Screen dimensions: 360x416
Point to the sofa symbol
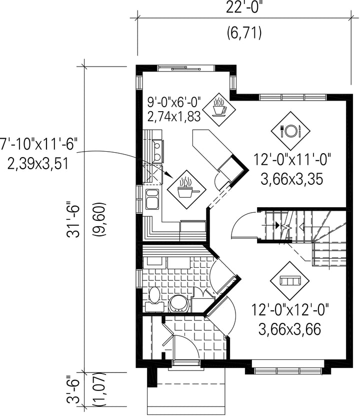pyautogui.click(x=289, y=281)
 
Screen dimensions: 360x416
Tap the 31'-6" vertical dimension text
pyautogui.click(x=73, y=221)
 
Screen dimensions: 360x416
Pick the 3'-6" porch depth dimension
pyautogui.click(x=73, y=389)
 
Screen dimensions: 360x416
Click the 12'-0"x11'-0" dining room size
pyautogui.click(x=292, y=160)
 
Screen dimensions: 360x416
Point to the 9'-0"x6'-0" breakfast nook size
pyautogui.click(x=174, y=102)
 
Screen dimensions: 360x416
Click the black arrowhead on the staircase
pyautogui.click(x=277, y=225)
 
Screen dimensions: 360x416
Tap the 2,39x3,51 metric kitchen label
pyautogui.click(x=39, y=163)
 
